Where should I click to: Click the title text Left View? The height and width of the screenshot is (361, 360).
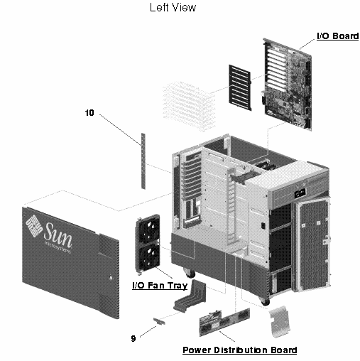pyautogui.click(x=173, y=9)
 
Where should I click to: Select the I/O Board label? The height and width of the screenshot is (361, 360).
pyautogui.click(x=337, y=36)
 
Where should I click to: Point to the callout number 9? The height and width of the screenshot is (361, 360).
pyautogui.click(x=133, y=338)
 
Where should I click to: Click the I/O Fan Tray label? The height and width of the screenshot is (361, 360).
pyautogui.click(x=160, y=286)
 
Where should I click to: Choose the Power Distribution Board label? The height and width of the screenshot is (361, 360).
pyautogui.click(x=239, y=350)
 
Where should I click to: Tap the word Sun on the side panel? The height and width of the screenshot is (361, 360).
pyautogui.click(x=57, y=233)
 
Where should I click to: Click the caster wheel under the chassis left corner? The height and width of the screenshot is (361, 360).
pyautogui.click(x=190, y=271)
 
